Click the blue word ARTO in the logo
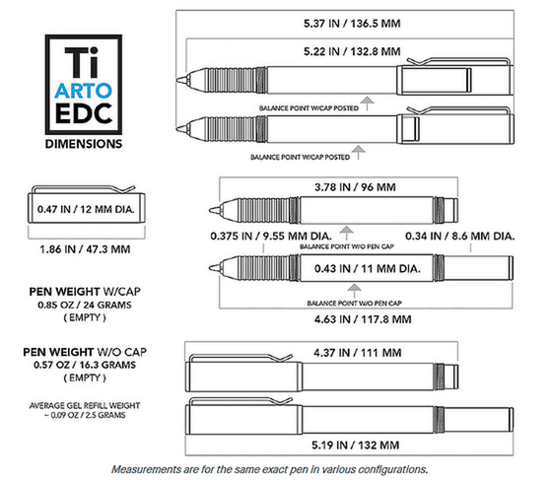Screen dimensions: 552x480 pyautogui.click(x=84, y=91)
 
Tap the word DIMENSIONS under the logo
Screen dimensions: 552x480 pyautogui.click(x=84, y=144)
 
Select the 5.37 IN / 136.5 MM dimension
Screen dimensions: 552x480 pyautogui.click(x=352, y=24)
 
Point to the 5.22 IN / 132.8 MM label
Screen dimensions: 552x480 pyautogui.click(x=352, y=51)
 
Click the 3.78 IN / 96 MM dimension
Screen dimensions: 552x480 pyautogui.click(x=355, y=187)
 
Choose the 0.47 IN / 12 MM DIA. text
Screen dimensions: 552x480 pyautogui.click(x=86, y=209)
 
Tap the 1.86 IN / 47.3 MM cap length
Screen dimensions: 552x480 pyautogui.click(x=85, y=249)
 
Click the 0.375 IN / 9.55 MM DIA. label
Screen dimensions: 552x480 pyautogui.click(x=271, y=237)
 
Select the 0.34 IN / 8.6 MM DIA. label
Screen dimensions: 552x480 pyautogui.click(x=459, y=237)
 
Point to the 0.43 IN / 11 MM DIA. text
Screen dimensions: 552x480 pyautogui.click(x=368, y=269)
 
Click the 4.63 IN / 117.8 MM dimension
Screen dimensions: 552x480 pyautogui.click(x=363, y=319)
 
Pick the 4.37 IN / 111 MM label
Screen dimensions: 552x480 pyautogui.click(x=358, y=353)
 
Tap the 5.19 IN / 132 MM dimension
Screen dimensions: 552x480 pyautogui.click(x=356, y=446)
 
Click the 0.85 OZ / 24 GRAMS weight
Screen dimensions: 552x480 pyautogui.click(x=85, y=305)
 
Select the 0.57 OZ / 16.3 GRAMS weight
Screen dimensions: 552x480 pyautogui.click(x=85, y=365)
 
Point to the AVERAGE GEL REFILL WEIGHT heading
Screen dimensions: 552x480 pyautogui.click(x=85, y=406)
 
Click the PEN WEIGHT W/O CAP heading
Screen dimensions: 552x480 pyautogui.click(x=85, y=352)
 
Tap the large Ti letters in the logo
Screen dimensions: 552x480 pyautogui.click(x=82, y=62)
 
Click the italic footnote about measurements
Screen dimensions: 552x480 pyautogui.click(x=270, y=469)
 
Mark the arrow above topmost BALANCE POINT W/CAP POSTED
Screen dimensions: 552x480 pyautogui.click(x=367, y=103)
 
